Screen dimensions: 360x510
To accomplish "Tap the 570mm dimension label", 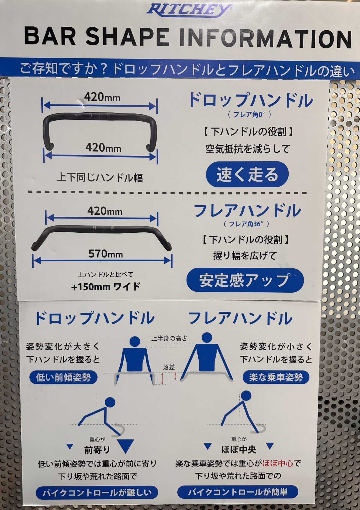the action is [106, 254].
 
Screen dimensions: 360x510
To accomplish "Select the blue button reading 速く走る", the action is [247, 174].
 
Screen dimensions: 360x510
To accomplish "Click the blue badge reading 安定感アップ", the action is [245, 280].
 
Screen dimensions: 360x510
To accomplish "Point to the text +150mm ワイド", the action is [106, 287].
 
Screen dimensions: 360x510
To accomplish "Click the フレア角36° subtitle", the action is [246, 224].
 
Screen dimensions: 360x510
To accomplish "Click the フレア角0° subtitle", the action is [249, 114].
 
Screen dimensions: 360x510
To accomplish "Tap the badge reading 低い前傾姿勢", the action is [64, 377].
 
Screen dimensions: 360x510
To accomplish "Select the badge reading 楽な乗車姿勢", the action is [276, 377].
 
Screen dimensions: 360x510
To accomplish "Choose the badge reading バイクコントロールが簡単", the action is [238, 492].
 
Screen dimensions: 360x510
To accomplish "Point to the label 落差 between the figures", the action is [169, 367].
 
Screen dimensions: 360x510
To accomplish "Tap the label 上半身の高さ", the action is [169, 338].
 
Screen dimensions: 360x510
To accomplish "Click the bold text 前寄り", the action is [97, 450].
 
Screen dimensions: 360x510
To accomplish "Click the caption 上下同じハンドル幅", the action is [100, 178].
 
